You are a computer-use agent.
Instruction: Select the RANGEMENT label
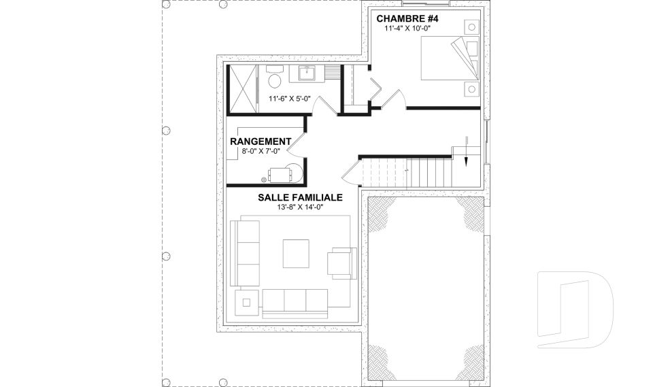point(261,141)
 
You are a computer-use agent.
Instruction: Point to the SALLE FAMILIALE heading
point(299,197)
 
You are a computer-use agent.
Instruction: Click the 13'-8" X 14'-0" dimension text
point(299,207)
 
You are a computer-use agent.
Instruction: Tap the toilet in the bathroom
point(275,80)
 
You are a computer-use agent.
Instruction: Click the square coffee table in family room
point(296,253)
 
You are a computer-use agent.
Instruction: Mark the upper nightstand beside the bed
point(470,26)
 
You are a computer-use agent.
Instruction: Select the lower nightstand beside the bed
point(470,88)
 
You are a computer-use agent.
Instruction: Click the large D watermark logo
point(575,309)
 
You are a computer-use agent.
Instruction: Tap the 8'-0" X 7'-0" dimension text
point(261,151)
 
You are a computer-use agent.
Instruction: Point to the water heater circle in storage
point(295,172)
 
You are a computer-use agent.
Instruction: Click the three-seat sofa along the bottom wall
point(295,301)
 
